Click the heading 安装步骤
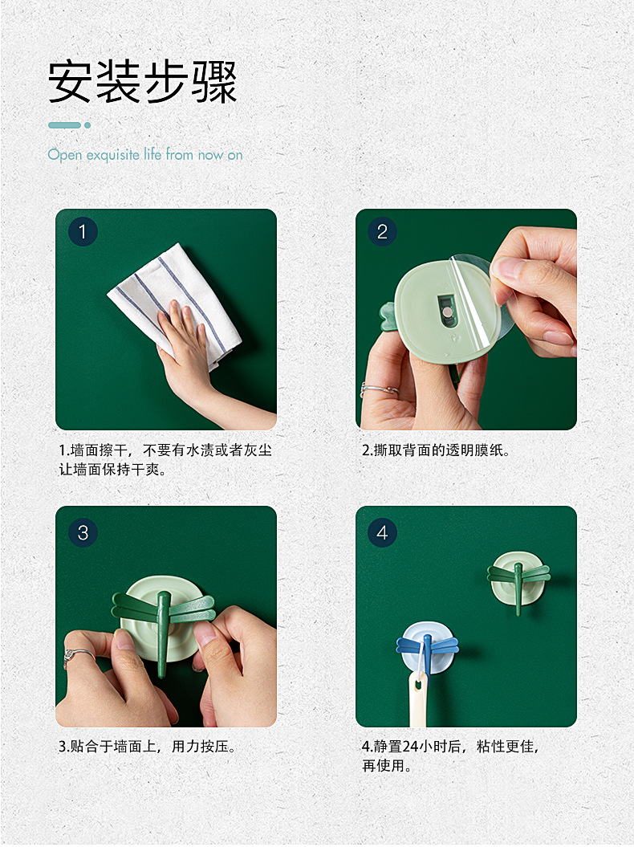(143, 82)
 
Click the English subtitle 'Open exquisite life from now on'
(144, 154)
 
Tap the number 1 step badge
(83, 232)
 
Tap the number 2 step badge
(382, 232)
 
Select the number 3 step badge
(83, 532)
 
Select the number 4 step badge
(382, 532)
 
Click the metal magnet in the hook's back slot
(449, 312)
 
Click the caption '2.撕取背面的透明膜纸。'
(436, 450)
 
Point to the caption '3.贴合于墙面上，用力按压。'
(148, 747)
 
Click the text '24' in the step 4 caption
(410, 747)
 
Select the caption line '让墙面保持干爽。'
(112, 470)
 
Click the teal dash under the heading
(64, 125)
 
